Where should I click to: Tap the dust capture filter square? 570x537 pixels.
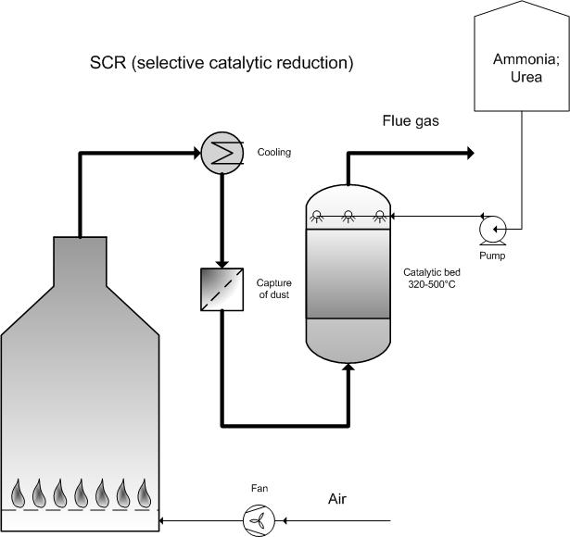pyautogui.click(x=221, y=288)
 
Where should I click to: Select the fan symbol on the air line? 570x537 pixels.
pyautogui.click(x=259, y=518)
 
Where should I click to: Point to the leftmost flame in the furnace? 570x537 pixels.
pyautogui.click(x=19, y=491)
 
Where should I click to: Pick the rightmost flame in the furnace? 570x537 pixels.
pyautogui.click(x=144, y=491)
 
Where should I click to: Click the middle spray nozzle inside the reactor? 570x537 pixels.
pyautogui.click(x=348, y=218)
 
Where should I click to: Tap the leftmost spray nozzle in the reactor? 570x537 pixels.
pyautogui.click(x=316, y=218)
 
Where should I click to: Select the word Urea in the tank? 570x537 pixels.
pyautogui.click(x=524, y=78)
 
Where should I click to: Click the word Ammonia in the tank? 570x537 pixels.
pyautogui.click(x=525, y=60)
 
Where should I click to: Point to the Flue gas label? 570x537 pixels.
pyautogui.click(x=411, y=120)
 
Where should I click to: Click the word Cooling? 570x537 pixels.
pyautogui.click(x=273, y=153)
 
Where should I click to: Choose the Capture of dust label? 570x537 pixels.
pyautogui.click(x=274, y=288)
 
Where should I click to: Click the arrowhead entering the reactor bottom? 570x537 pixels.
pyautogui.click(x=348, y=368)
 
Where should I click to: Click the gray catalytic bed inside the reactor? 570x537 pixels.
pyautogui.click(x=348, y=273)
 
